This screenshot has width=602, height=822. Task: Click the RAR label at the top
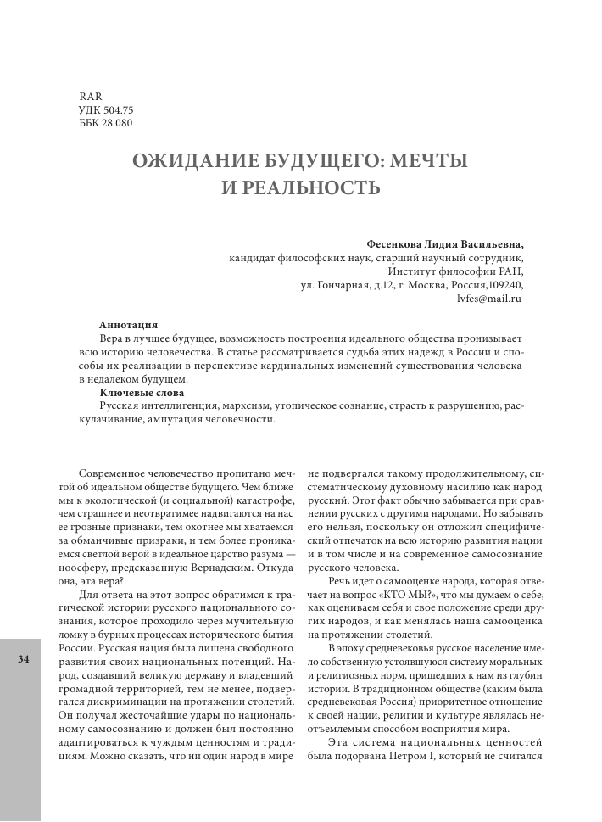89,96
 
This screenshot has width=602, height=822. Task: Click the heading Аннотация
127,324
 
